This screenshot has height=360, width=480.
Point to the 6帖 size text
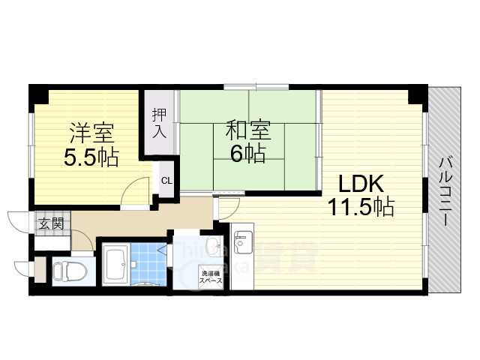247,154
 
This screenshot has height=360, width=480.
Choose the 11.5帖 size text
360,207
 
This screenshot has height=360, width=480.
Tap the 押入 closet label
159,124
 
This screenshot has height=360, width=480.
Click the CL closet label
166,180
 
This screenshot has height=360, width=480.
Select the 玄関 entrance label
50,223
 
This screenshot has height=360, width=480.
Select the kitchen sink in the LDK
242,241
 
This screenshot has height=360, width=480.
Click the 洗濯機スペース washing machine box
209,277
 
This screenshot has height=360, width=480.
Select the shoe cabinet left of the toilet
40,270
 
